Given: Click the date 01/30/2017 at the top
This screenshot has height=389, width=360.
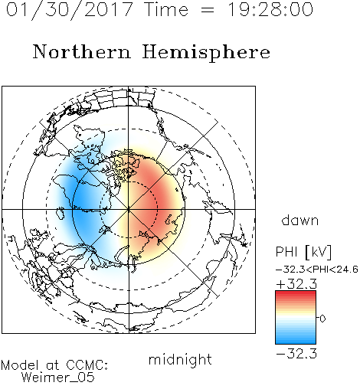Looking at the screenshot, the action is (x=70, y=10).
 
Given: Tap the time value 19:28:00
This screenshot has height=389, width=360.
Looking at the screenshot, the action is (x=270, y=9).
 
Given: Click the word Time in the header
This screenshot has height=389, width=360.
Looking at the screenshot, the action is (x=166, y=9).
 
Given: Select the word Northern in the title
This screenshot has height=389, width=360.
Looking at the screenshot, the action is (x=81, y=51).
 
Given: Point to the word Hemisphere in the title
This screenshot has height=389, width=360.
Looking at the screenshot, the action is (x=206, y=53).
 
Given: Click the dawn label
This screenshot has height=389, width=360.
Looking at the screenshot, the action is (x=300, y=220).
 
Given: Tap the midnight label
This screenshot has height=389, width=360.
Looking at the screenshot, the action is (x=180, y=359).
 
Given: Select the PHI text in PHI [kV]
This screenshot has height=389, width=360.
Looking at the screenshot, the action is (x=286, y=252).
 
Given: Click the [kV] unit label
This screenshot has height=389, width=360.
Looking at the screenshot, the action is (x=318, y=252).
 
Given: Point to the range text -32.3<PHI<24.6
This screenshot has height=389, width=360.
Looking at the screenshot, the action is (x=317, y=270).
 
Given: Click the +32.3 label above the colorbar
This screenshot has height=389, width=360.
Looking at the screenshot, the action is (x=296, y=284).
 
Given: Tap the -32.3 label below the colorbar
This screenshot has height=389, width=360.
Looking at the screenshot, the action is (x=296, y=354).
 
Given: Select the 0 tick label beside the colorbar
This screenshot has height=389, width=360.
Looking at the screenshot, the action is (x=322, y=319).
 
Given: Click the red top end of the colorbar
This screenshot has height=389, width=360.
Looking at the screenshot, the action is (x=296, y=293).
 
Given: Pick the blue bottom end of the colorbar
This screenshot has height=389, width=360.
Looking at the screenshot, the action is (x=296, y=342).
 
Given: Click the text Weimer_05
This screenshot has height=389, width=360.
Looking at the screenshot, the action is (x=58, y=377).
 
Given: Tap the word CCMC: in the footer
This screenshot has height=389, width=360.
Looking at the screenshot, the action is (x=87, y=365).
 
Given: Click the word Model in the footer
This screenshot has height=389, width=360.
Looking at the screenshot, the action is (x=20, y=365).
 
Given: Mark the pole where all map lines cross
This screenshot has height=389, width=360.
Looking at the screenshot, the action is (x=129, y=209).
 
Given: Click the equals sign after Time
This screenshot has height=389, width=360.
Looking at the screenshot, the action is (x=208, y=11).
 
